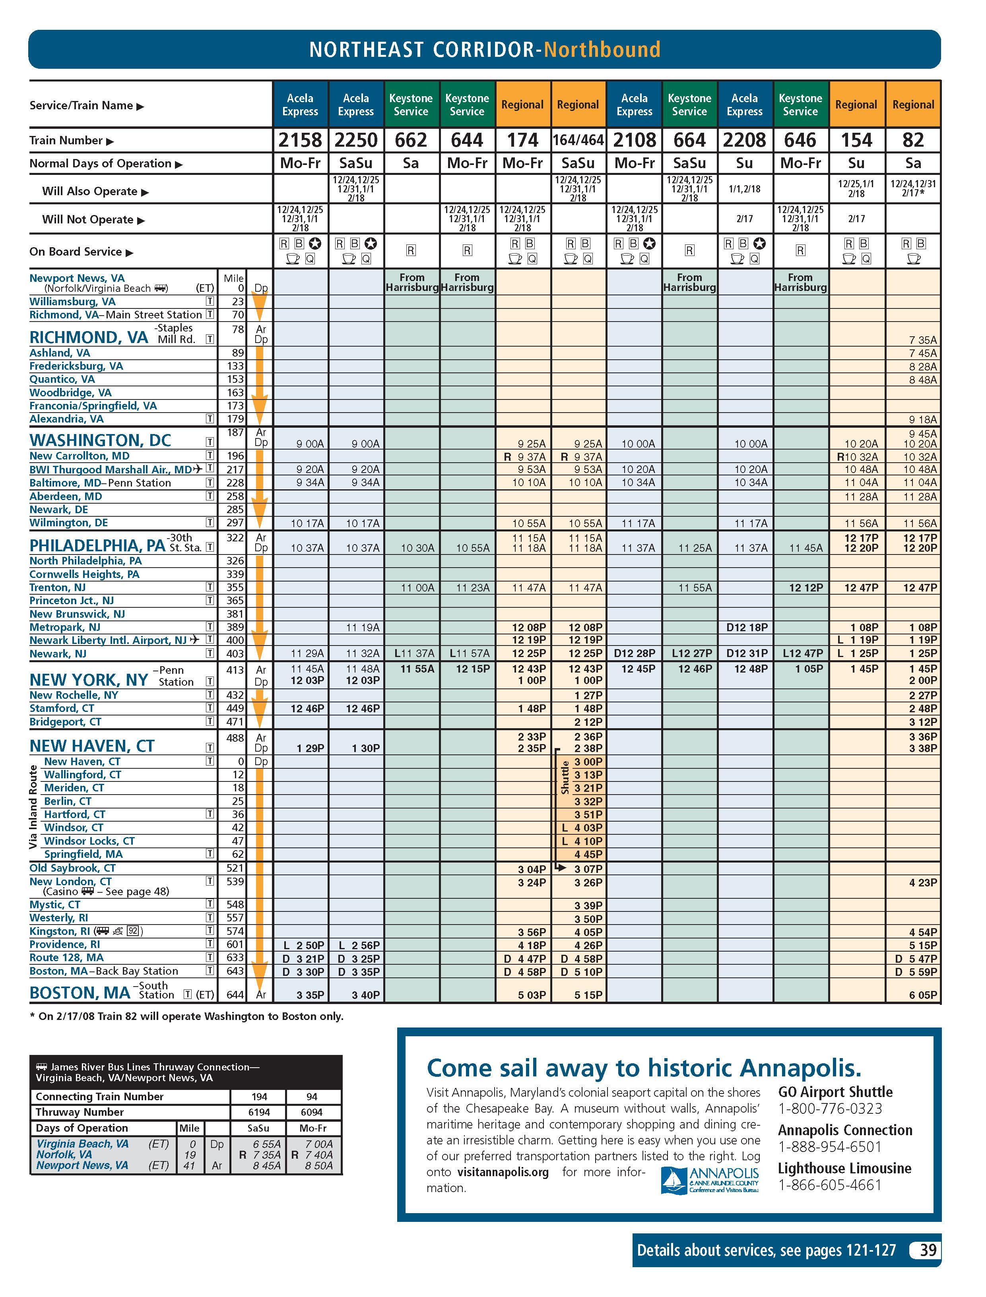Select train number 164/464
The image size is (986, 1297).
coord(578,140)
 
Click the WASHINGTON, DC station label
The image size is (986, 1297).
coord(100,440)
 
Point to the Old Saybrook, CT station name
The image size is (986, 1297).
coord(73,868)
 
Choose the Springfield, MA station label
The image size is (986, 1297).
coord(83,854)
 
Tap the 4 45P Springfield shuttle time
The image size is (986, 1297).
coord(588,855)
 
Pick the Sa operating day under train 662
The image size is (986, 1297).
coord(411,163)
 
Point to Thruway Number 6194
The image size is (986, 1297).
coord(259,1112)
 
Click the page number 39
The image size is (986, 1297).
coord(927,1250)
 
